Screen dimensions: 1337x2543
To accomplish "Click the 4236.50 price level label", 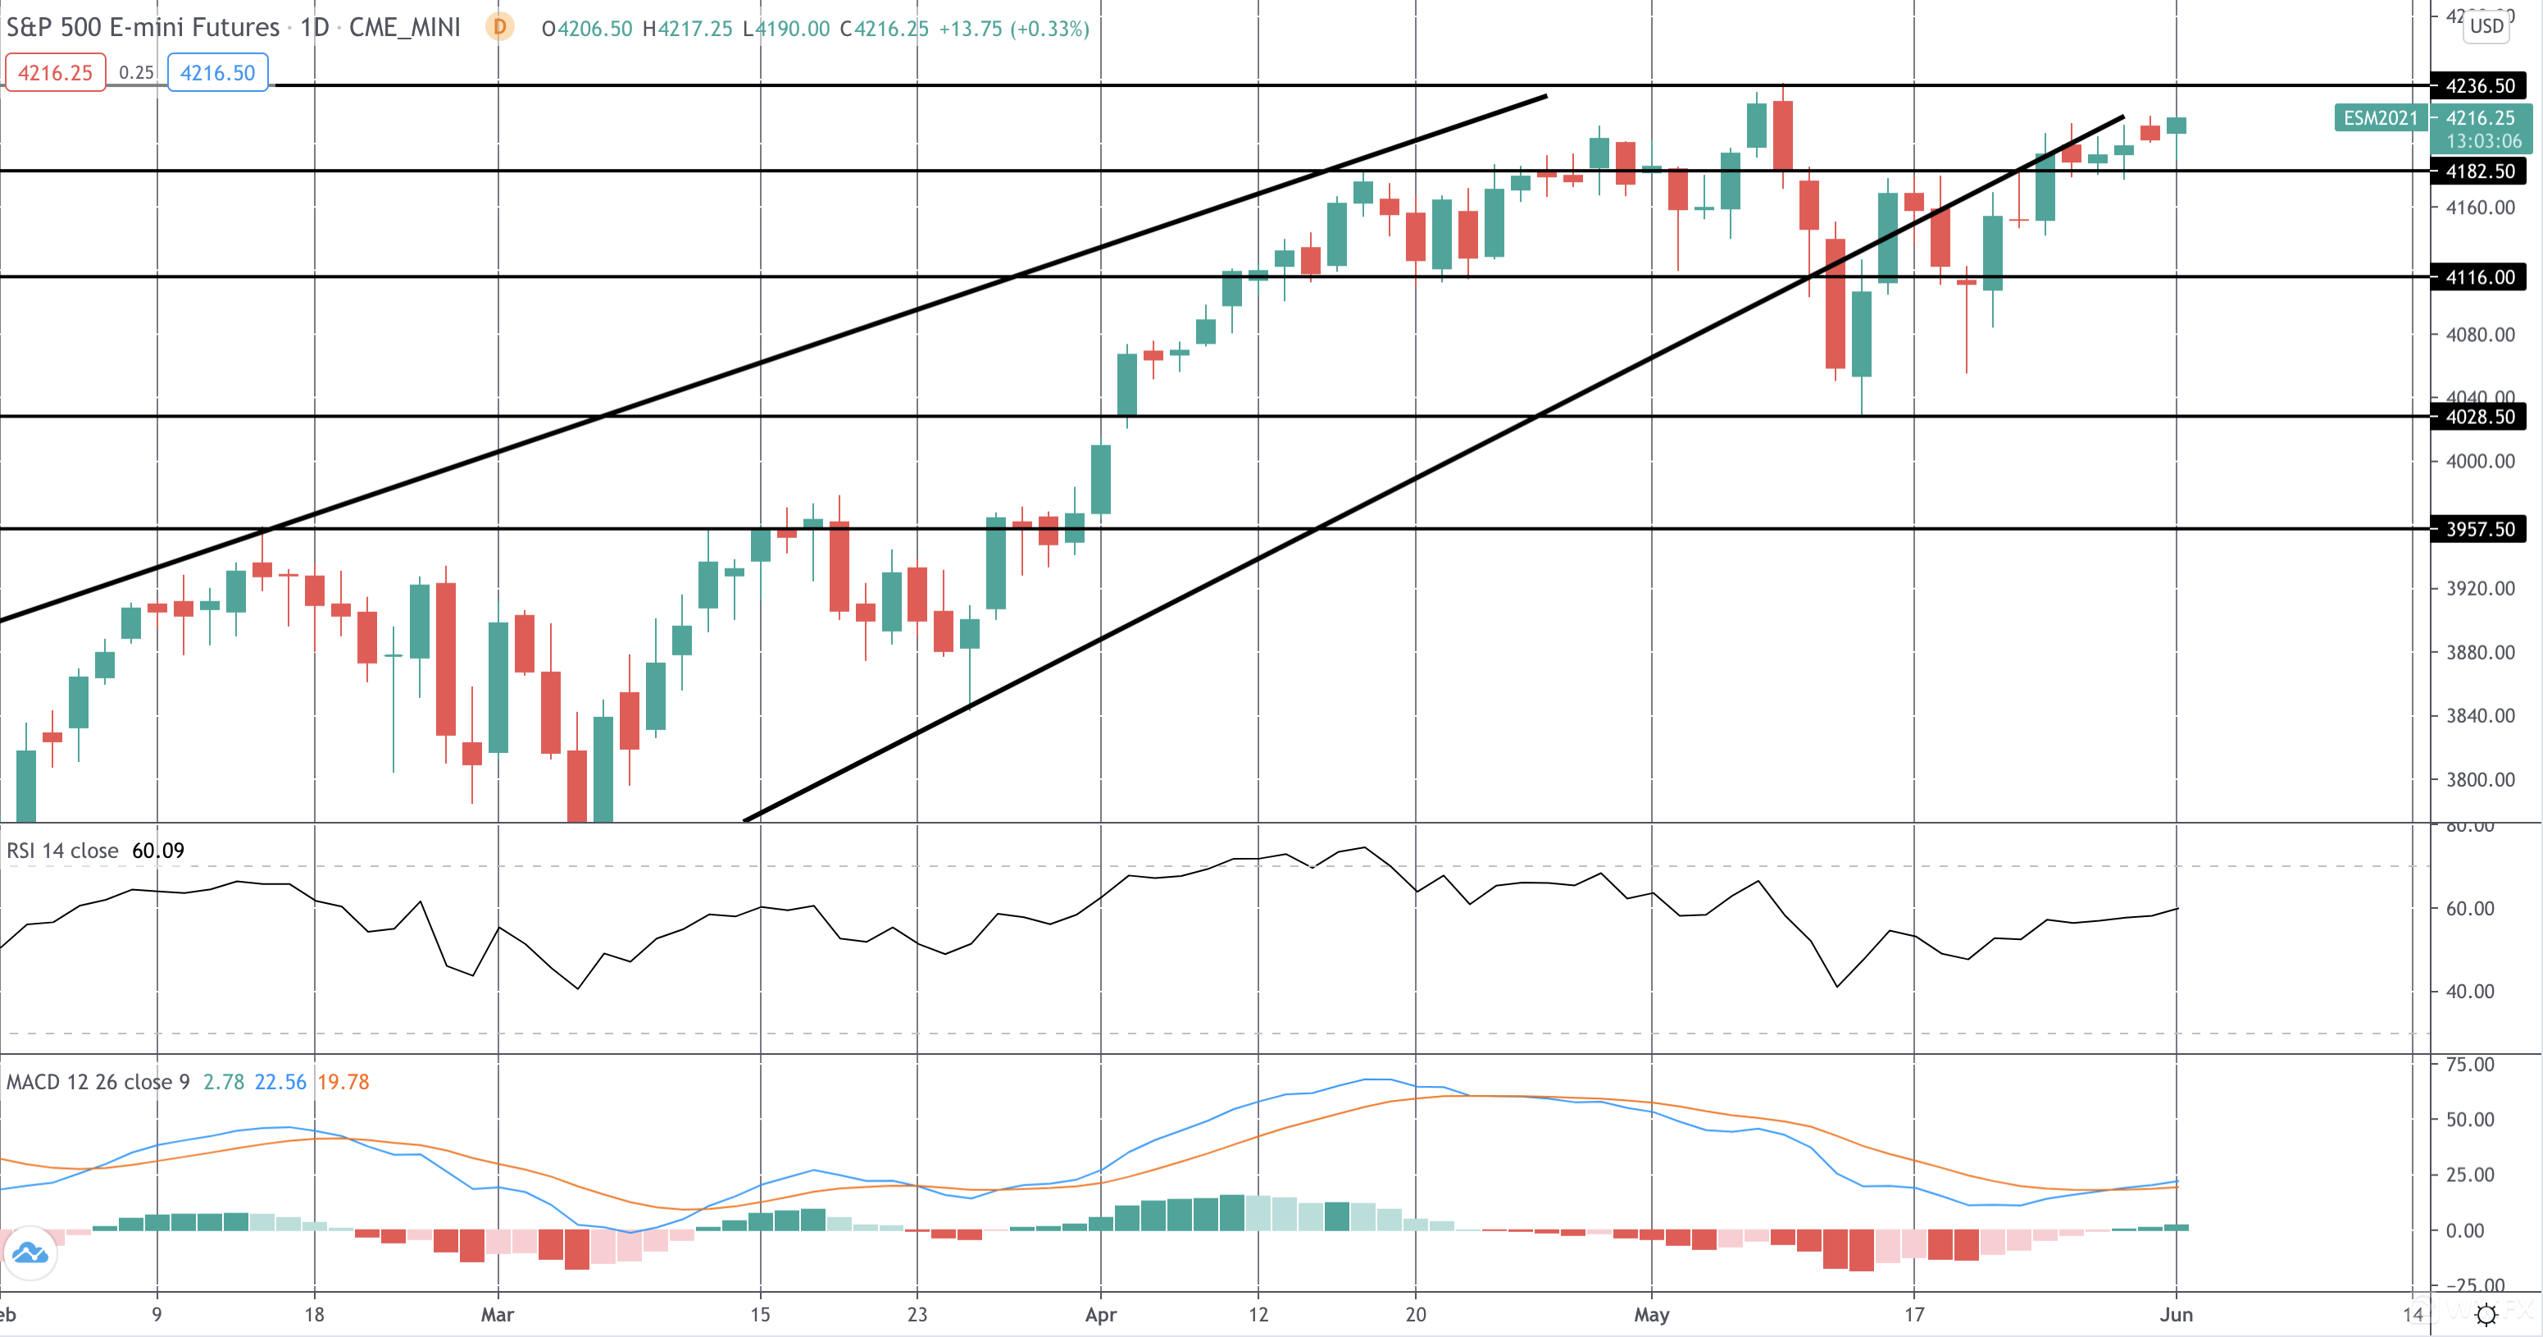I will pos(2479,86).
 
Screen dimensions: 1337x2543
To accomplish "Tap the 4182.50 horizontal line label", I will pos(2479,171).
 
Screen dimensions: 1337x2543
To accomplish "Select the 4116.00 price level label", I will pos(2479,277).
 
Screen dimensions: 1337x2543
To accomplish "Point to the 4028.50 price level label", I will pos(2479,417).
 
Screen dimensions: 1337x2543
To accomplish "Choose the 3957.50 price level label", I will pos(2479,529).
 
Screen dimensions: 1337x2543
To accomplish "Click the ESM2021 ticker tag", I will pos(2380,118).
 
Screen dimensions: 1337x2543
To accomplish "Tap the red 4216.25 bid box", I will pos(55,73).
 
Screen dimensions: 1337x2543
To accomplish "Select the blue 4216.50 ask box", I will pos(217,73).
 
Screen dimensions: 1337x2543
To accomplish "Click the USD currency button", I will pos(2486,25).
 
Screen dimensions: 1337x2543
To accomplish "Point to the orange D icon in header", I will pos(499,27).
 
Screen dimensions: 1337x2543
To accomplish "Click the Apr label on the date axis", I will pos(1101,1314).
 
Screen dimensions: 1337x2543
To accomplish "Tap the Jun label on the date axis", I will pos(2176,1314).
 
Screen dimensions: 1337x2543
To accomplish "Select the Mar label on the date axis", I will pos(498,1314).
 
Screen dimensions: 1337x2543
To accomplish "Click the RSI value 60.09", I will pos(158,851).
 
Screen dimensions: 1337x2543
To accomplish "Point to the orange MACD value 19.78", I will pos(343,1082).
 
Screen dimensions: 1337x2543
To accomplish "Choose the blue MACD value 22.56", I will pos(280,1082).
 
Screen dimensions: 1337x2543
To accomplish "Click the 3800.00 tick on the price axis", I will pos(2480,780).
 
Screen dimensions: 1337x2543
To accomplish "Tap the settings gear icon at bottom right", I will pos(2486,1314).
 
